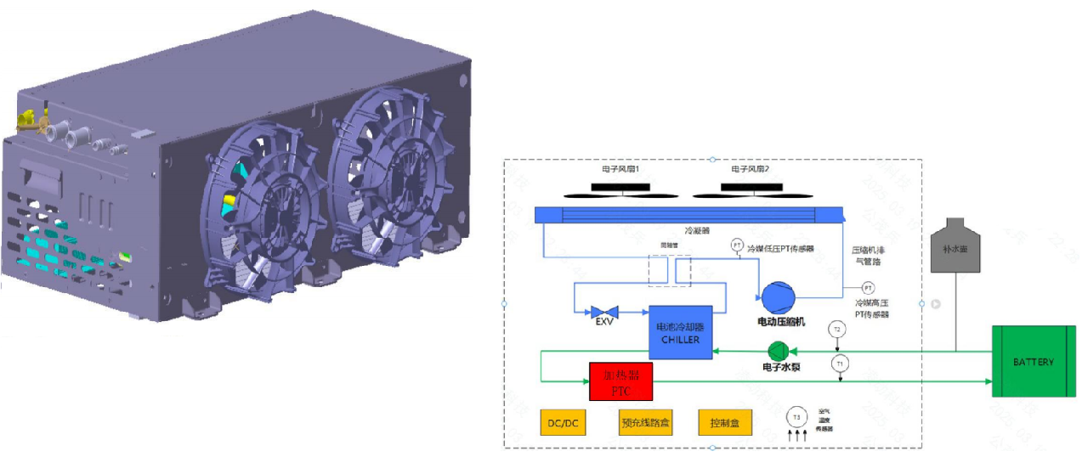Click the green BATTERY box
(1033, 362)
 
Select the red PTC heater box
(620, 381)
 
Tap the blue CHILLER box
(678, 332)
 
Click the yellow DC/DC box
(564, 422)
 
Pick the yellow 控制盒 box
(725, 422)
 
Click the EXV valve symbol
(604, 311)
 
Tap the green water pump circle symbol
(778, 351)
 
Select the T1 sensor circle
(841, 363)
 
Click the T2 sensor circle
(837, 330)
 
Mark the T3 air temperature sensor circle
(796, 416)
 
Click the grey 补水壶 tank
(956, 247)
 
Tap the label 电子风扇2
(751, 170)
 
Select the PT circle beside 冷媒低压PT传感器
(737, 245)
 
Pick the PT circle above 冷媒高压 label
(868, 287)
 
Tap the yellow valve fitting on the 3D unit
(29, 118)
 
